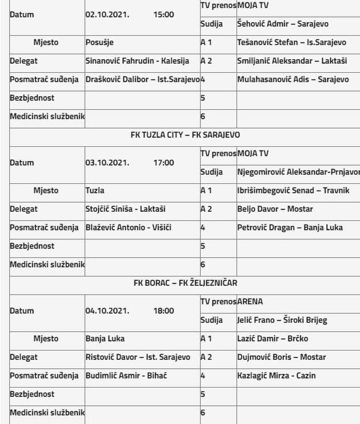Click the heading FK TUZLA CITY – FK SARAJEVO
(x=185, y=135)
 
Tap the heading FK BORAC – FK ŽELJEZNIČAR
(x=185, y=283)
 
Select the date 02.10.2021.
(x=107, y=14)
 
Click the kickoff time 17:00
(x=163, y=163)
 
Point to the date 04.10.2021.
(x=107, y=311)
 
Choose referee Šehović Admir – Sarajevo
(x=283, y=24)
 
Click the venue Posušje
(x=100, y=43)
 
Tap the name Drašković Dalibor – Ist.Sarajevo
(x=142, y=80)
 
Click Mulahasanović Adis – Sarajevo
(x=293, y=80)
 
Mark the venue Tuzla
(x=95, y=191)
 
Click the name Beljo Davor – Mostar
(x=275, y=209)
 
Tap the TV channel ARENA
(x=250, y=301)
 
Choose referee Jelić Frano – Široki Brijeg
(x=282, y=320)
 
